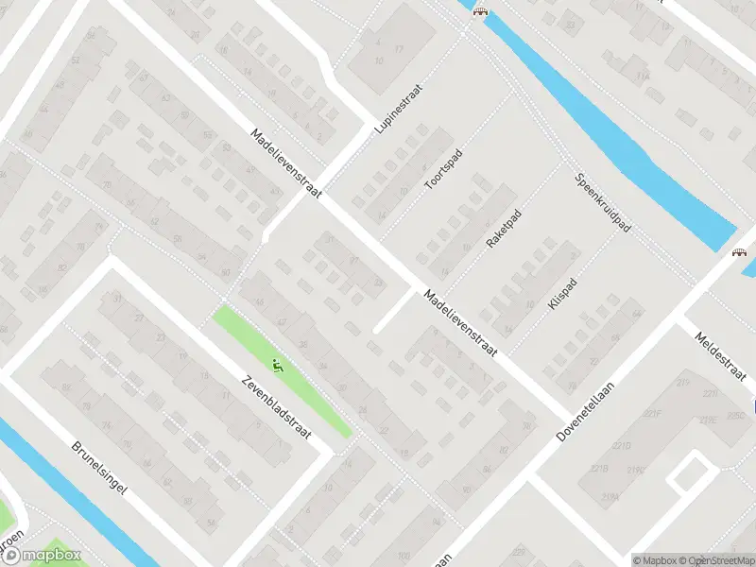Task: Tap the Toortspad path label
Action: coord(441,166)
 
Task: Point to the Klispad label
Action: coord(561,294)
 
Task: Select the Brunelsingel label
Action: coord(100,469)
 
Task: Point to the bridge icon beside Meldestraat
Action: coord(737,253)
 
